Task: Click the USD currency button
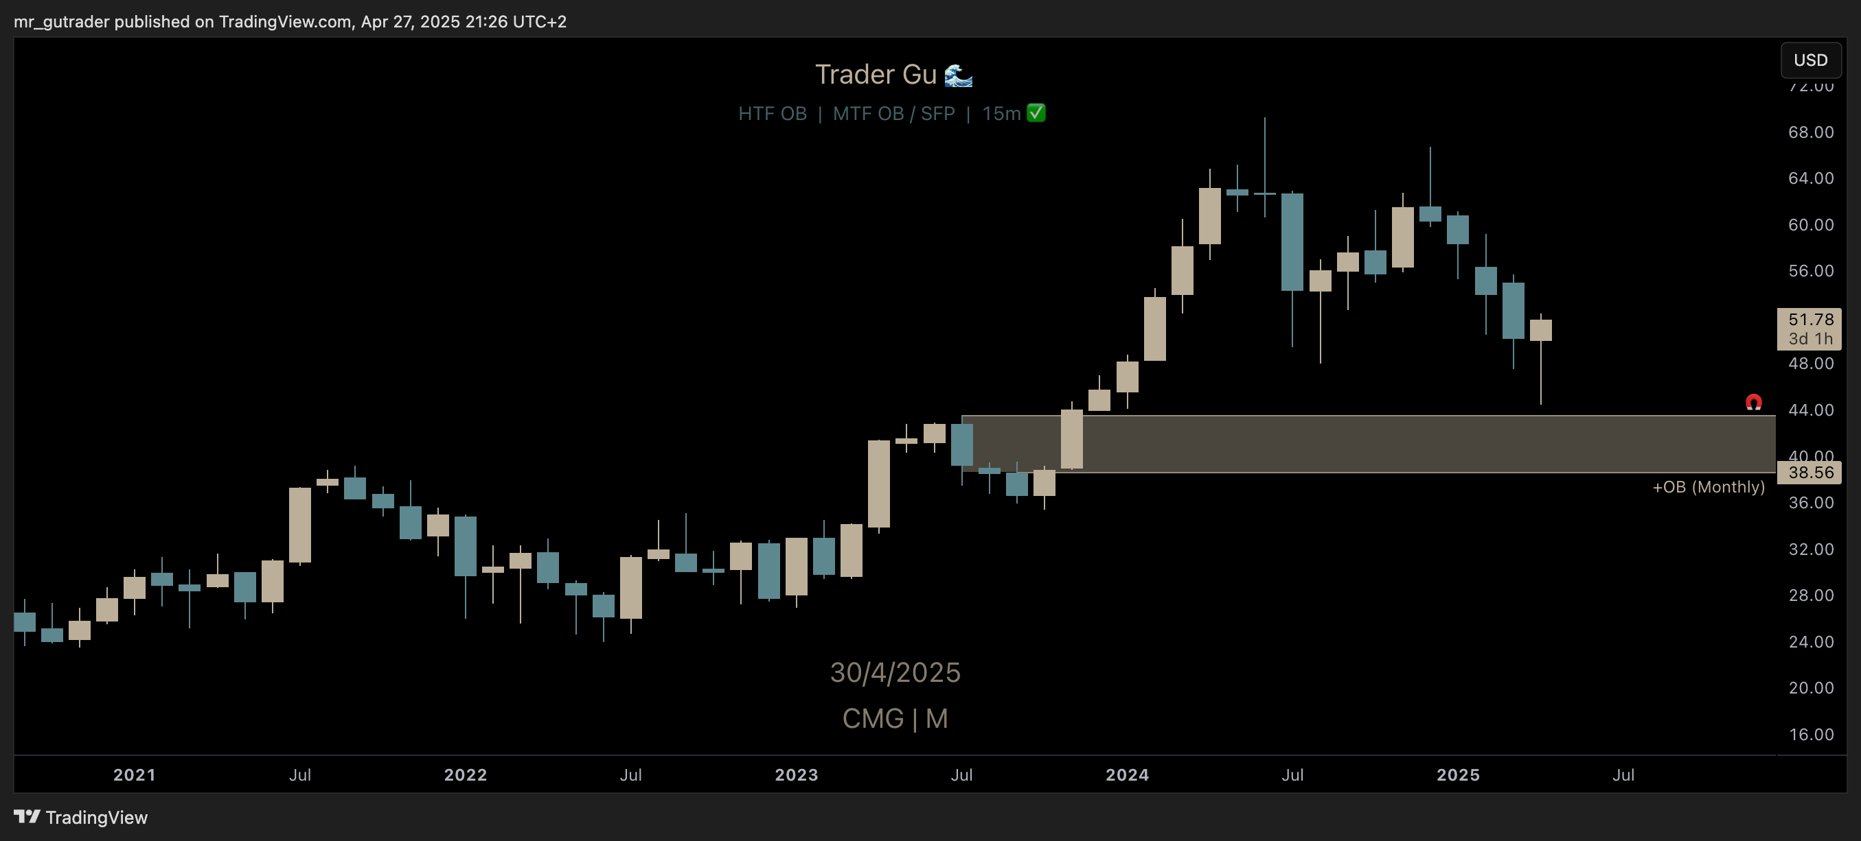(1810, 60)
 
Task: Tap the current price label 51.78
(1809, 320)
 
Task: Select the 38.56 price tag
(1809, 473)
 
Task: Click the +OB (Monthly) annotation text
(1708, 487)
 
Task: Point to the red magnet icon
(1753, 402)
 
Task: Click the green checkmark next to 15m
(1036, 113)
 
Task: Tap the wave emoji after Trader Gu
(959, 75)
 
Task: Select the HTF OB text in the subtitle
(773, 114)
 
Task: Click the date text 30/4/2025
(895, 673)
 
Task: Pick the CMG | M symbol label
(895, 719)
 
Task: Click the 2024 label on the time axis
(1127, 775)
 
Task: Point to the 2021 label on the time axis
(135, 775)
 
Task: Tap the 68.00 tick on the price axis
(1810, 132)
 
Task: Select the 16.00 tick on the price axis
(1810, 735)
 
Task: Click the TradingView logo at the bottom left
(81, 817)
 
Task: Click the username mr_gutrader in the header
(61, 22)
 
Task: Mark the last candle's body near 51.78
(1540, 330)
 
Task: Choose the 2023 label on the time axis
(796, 775)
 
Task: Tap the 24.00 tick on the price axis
(1810, 642)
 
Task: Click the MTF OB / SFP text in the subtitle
(893, 114)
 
